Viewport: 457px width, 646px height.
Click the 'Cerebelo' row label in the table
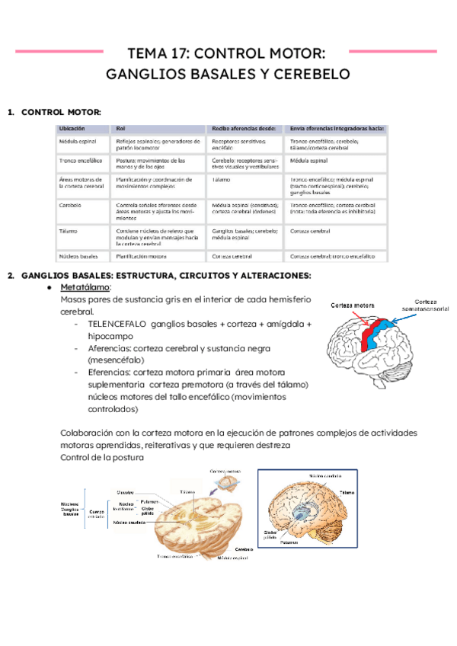pos(71,205)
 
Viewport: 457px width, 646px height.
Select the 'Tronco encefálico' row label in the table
pos(80,161)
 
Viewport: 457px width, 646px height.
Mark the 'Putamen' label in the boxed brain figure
pos(289,543)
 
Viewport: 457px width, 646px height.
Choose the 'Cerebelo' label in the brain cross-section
pos(244,548)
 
